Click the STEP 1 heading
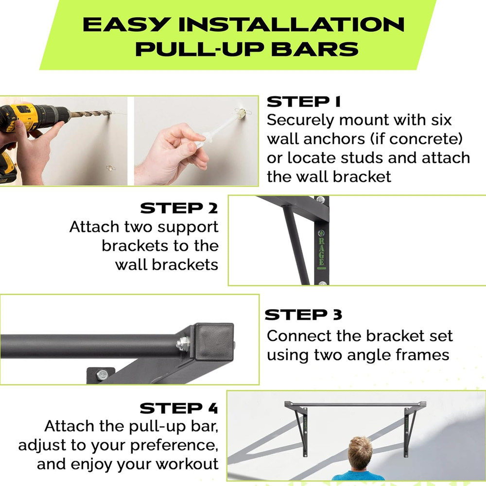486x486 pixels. pyautogui.click(x=304, y=102)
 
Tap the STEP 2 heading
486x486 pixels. pyautogui.click(x=179, y=208)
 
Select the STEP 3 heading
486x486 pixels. pyautogui.click(x=303, y=315)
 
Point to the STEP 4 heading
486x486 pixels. pyautogui.click(x=179, y=408)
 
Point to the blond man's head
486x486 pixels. pyautogui.click(x=360, y=452)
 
